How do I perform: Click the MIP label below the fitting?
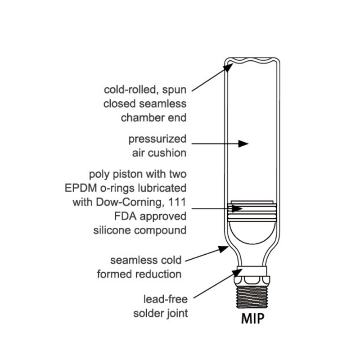pos(253,318)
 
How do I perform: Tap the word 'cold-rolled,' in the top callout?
pos(131,90)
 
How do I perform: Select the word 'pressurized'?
pos(157,139)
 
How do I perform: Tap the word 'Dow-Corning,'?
pos(130,202)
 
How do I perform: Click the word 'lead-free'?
pos(166,299)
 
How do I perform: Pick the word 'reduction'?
pos(158,274)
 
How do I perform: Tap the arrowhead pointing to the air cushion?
pos(243,144)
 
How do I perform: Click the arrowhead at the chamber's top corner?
pos(229,67)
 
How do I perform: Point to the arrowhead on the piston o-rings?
pos(237,209)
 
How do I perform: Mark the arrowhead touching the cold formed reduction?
pos(223,249)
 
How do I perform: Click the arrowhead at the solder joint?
pos(238,273)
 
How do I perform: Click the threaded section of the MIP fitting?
pos(252,297)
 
